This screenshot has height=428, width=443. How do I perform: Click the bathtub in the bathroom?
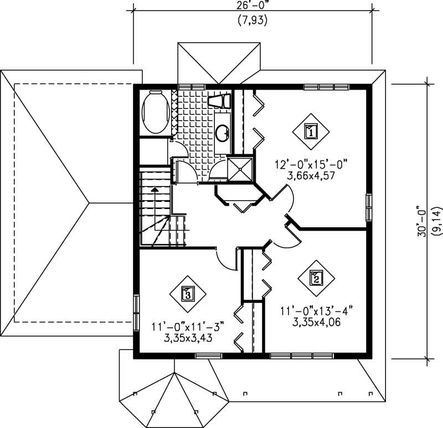(155, 112)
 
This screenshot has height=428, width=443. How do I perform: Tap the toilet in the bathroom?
(219, 101)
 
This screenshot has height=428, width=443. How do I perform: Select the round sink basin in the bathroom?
(223, 133)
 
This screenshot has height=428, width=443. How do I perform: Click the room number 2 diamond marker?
(315, 278)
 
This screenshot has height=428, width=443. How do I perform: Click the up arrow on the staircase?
(155, 191)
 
